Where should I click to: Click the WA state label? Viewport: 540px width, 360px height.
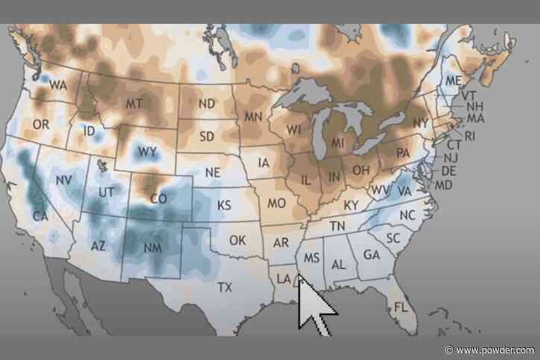58,86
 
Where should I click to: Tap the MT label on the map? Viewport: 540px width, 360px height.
134,103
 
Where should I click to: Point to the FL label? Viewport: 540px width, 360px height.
401,307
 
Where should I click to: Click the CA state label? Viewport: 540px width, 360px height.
40,216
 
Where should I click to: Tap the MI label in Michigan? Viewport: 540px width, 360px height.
338,142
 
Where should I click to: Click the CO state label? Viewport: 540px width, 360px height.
158,199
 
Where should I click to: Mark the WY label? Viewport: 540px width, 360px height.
147,152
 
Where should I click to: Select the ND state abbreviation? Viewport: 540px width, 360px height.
207,104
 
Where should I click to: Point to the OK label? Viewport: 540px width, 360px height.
237,240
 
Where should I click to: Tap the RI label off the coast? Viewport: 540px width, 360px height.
469,136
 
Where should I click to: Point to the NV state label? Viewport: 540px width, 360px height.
64,180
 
